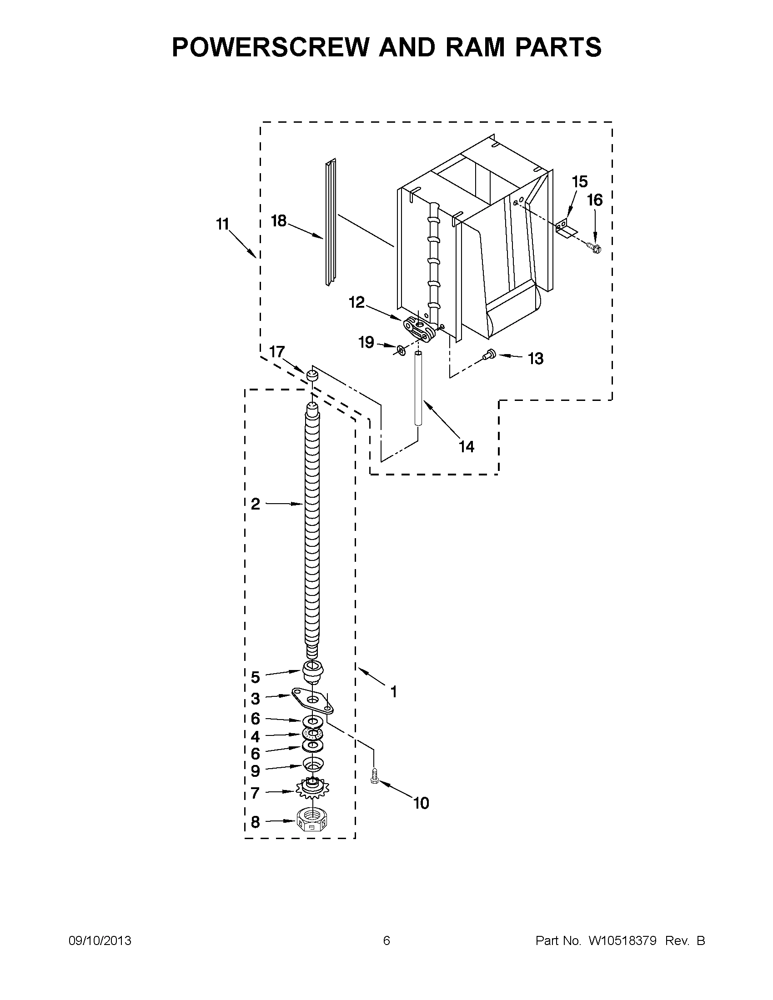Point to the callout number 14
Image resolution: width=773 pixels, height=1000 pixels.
coord(466,446)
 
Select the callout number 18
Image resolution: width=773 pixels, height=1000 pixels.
coord(278,221)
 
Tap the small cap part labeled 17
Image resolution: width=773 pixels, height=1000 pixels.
coord(312,376)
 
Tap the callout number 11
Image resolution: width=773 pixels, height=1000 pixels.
coord(222,225)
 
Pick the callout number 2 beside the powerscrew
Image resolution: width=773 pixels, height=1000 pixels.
coord(255,504)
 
